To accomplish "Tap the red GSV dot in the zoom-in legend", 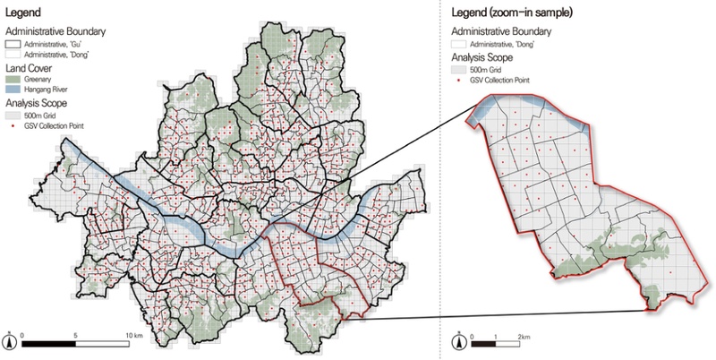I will coord(459,78).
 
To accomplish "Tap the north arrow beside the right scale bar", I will coord(458,340).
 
